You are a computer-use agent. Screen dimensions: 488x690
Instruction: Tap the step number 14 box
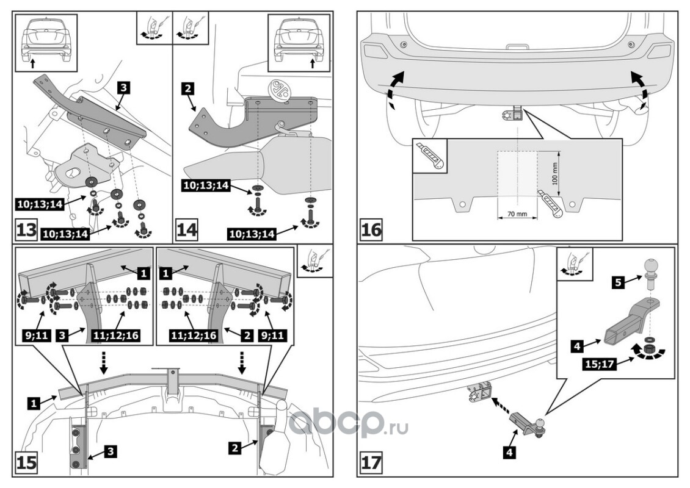[x=187, y=231]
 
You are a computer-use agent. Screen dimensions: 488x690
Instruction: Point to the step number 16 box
[x=372, y=230]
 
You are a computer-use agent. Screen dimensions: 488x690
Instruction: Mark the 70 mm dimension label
[x=517, y=214]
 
